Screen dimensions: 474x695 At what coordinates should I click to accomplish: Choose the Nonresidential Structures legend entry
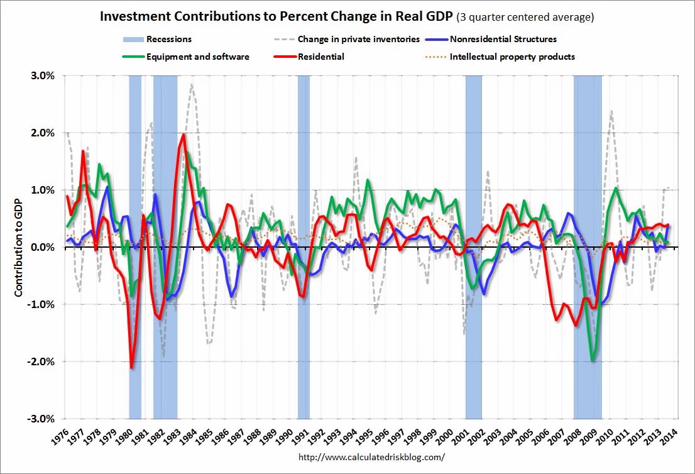[x=503, y=40]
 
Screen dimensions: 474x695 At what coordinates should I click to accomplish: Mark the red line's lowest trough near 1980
[x=131, y=367]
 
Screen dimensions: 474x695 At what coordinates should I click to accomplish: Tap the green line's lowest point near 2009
[x=592, y=360]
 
